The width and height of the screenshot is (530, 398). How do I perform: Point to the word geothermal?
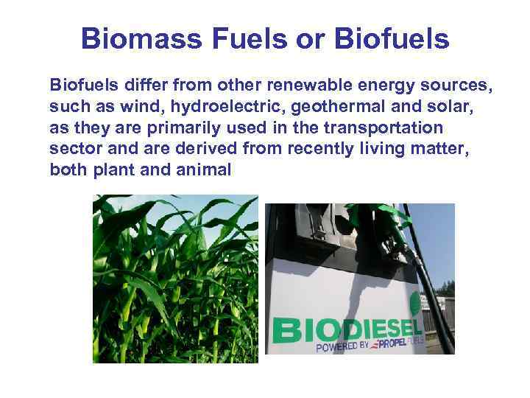pos(328,107)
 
